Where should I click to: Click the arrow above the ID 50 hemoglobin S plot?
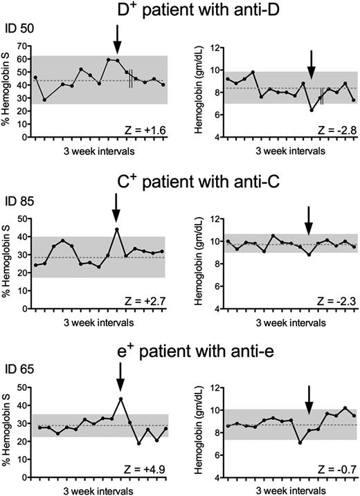[x=117, y=39]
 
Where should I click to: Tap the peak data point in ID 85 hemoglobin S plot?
[x=117, y=229]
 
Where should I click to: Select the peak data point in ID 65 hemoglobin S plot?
[x=120, y=399]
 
